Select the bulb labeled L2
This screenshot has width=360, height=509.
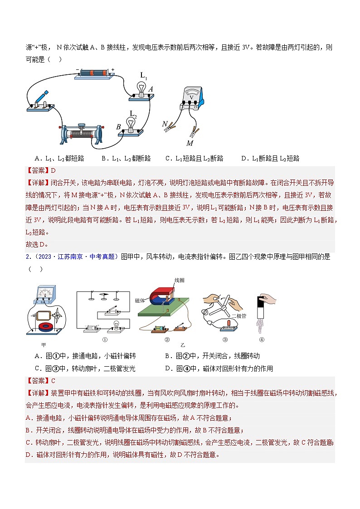click(131, 123)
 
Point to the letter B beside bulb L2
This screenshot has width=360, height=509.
click(119, 128)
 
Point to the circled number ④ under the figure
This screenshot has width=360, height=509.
click(262, 339)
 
